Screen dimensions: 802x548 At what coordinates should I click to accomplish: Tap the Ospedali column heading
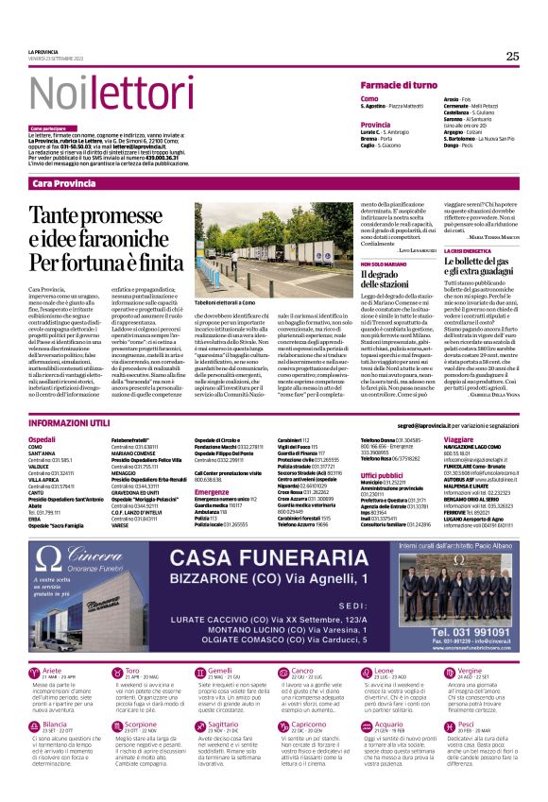pyautogui.click(x=43, y=440)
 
